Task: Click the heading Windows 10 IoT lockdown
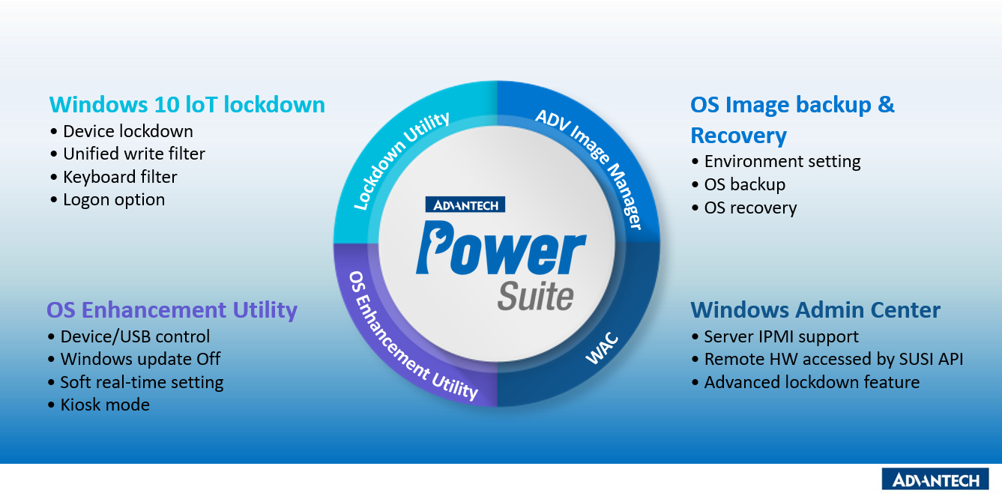[x=187, y=104]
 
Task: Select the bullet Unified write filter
[x=133, y=154]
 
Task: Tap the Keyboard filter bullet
[x=120, y=177]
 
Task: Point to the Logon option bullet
[x=114, y=200]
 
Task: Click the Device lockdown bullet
[x=127, y=132]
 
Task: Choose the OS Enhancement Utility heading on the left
[x=172, y=310]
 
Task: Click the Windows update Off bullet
[x=140, y=359]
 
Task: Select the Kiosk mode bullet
[x=105, y=405]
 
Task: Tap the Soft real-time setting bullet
[x=142, y=382]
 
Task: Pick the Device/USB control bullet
[x=135, y=336]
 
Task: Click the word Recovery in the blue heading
[x=738, y=136]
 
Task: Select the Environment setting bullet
[x=782, y=162]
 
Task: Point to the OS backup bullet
[x=744, y=184]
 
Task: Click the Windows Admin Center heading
[x=815, y=310]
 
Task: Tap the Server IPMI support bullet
[x=781, y=336]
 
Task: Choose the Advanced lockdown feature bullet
[x=812, y=382]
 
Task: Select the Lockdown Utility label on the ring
[x=401, y=160]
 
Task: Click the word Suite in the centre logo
[x=536, y=296]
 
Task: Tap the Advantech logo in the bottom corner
[x=935, y=480]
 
